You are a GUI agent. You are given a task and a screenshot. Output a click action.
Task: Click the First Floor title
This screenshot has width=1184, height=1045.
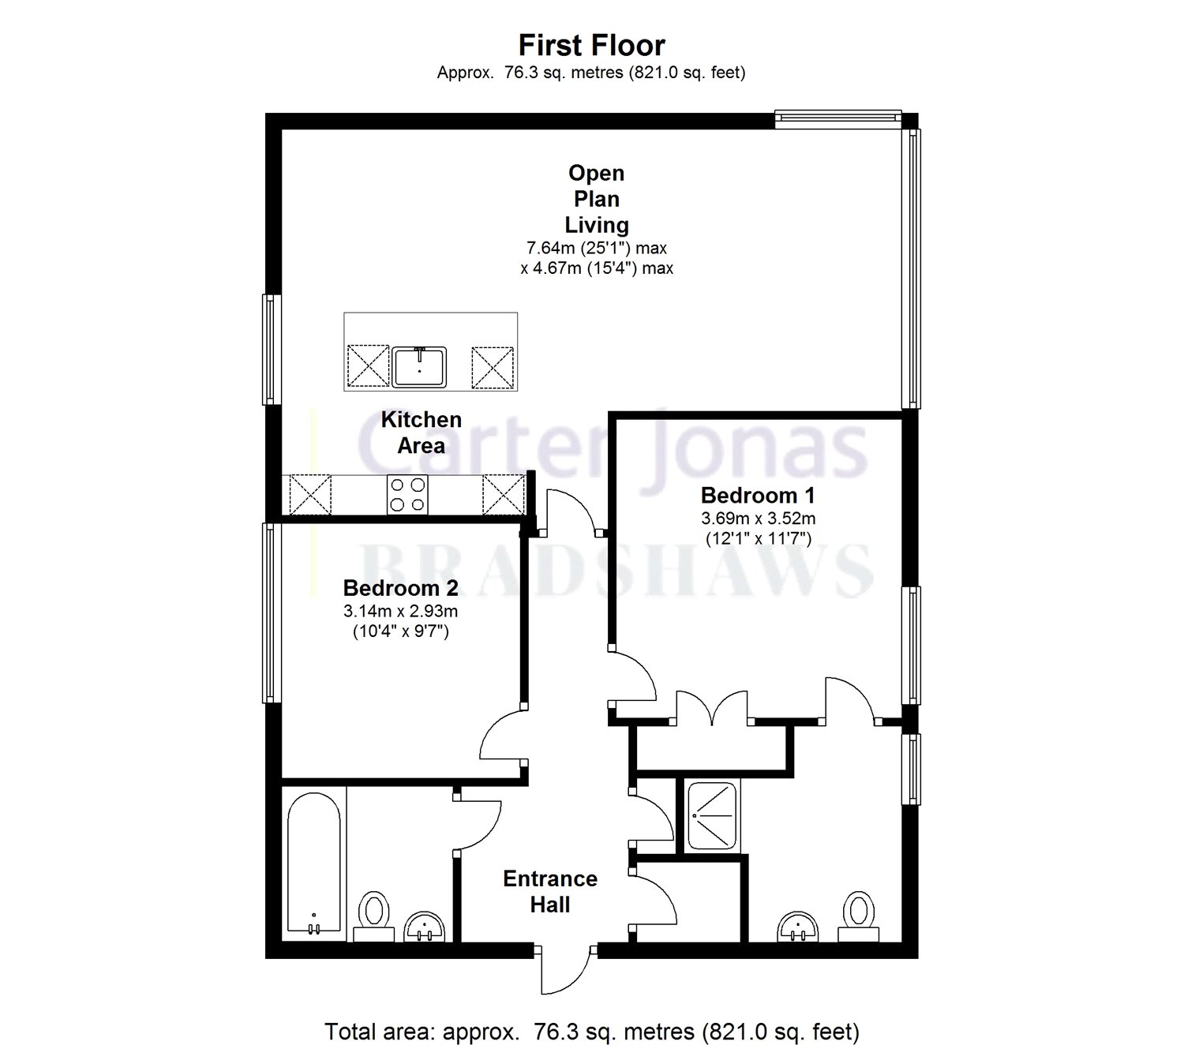[x=591, y=46]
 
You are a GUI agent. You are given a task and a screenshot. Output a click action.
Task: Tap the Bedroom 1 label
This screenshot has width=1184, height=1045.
[x=757, y=496]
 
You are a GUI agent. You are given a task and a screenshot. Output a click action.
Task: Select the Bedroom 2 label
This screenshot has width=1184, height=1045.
[x=400, y=588]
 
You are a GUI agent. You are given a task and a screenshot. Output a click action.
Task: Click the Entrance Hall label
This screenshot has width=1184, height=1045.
[x=550, y=891]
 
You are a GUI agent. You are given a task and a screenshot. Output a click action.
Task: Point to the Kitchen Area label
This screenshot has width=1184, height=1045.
[x=421, y=433]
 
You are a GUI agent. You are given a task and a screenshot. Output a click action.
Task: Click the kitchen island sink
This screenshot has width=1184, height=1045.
[x=419, y=367]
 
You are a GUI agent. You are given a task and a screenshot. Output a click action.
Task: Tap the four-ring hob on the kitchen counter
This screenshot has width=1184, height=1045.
[x=407, y=495]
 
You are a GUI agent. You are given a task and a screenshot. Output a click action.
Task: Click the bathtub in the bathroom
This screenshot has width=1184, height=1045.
[x=314, y=863]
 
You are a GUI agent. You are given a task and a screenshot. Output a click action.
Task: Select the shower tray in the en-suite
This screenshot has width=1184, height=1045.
[x=711, y=816]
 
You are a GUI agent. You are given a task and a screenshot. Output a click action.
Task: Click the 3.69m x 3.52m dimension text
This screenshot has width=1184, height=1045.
[x=758, y=519]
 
